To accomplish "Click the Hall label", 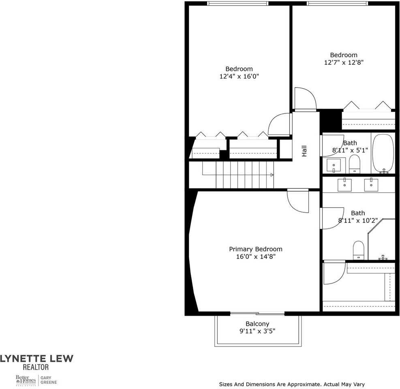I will (304, 151).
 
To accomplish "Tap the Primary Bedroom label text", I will (255, 249).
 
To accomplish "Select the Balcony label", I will (257, 324).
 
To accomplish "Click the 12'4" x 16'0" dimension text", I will (239, 76).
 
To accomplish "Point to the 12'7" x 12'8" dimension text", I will (343, 62).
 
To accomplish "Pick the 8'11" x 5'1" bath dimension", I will (350, 150).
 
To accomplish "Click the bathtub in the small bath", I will (383, 153).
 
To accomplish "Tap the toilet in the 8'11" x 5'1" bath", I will (354, 163).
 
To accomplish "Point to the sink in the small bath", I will (334, 165).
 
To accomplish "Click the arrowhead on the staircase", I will (272, 175).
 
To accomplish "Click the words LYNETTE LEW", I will (36, 358).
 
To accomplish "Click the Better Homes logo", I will (26, 380).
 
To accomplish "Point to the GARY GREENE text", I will (48, 380).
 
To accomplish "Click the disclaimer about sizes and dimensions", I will (292, 384).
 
